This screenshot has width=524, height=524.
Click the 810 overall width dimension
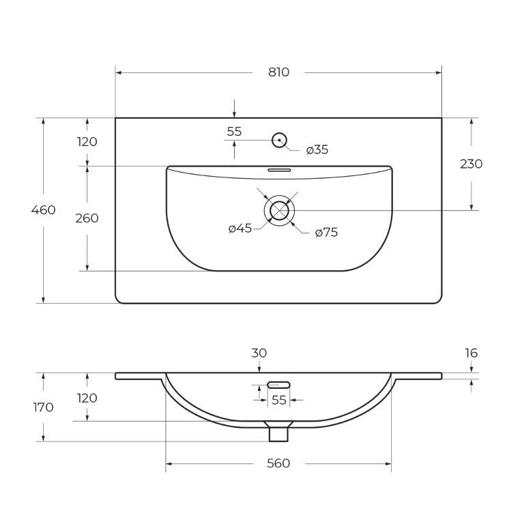tap(278, 72)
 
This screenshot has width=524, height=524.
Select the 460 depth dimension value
tap(44, 210)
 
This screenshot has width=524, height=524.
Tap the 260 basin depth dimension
tap(87, 218)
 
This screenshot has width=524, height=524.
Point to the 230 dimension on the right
tap(471, 164)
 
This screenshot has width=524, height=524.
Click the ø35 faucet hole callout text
tap(317, 149)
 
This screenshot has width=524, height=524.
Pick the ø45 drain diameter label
tap(240, 229)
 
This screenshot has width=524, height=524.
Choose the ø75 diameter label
tap(327, 232)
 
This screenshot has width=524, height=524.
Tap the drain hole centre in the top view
tap(279, 211)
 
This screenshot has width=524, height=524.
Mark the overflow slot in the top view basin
tap(279, 170)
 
